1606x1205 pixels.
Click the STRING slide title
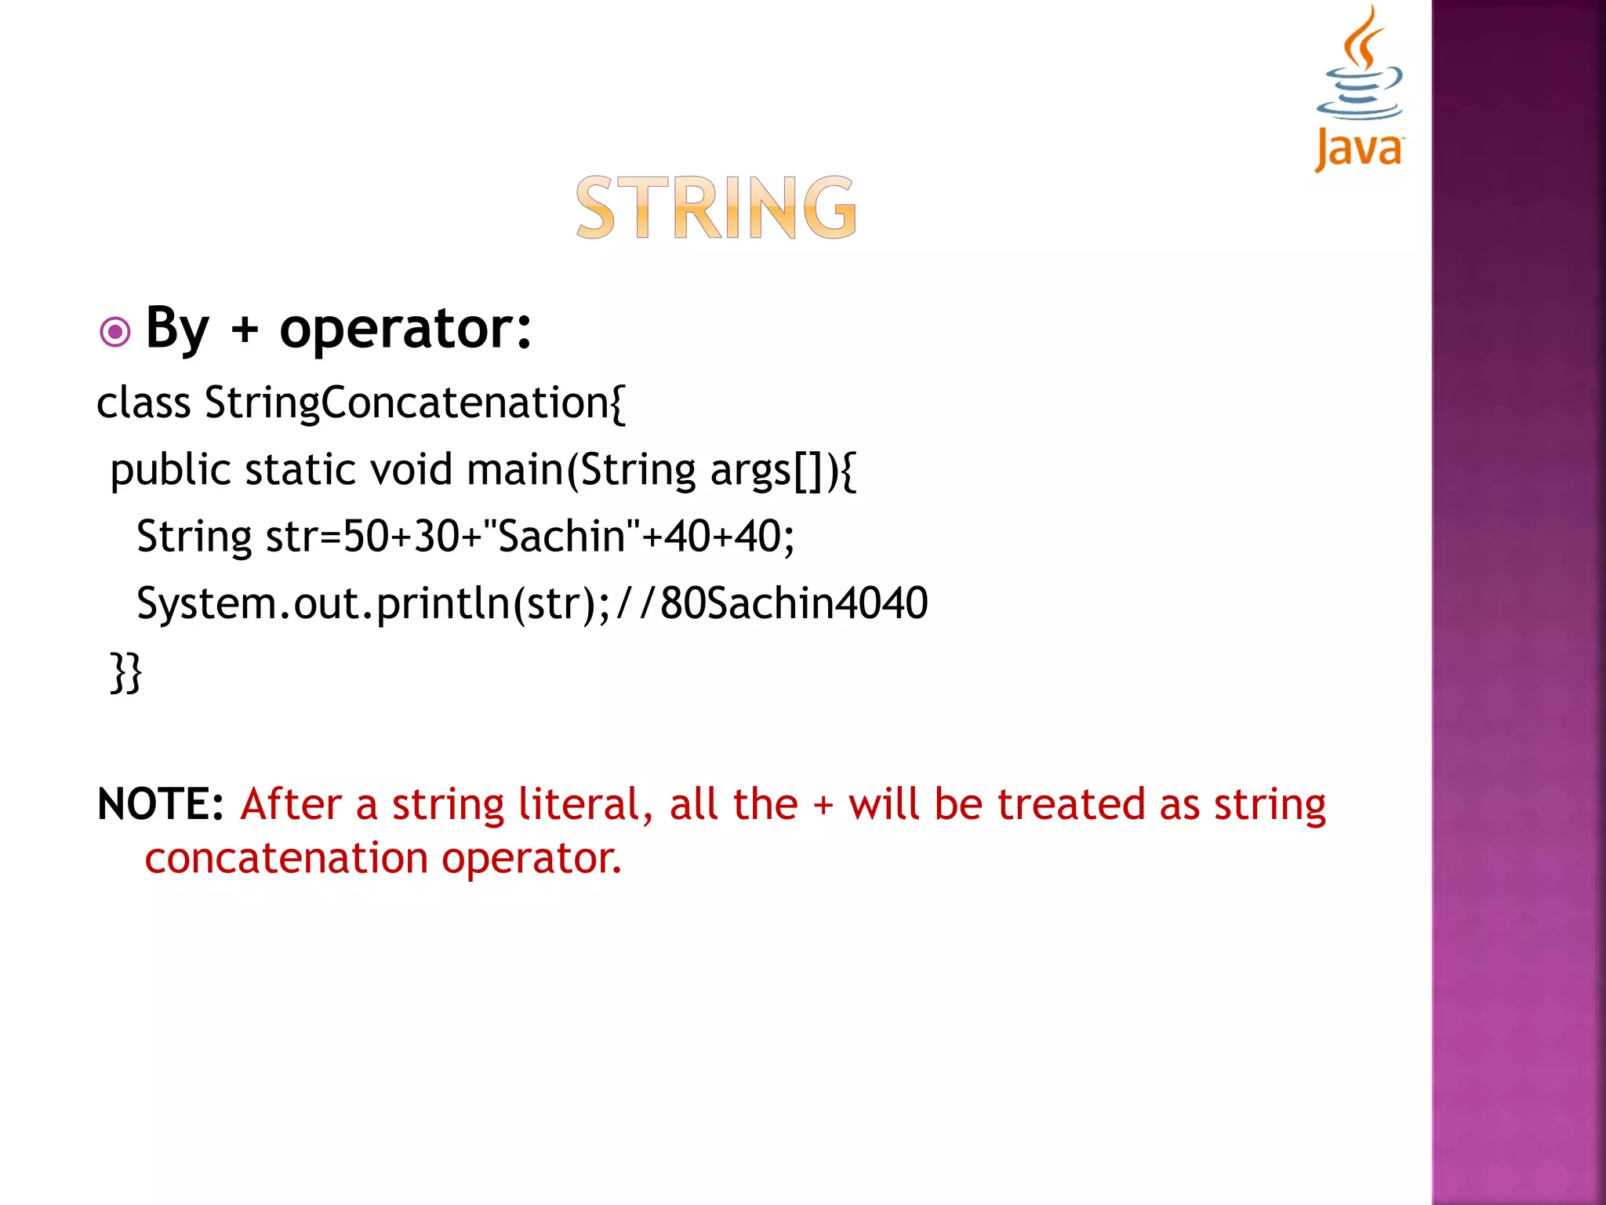pos(716,207)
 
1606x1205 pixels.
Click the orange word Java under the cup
pos(1359,149)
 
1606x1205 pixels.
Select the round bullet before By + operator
pos(115,332)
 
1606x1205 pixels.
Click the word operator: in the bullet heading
pos(405,329)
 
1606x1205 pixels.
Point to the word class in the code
pos(144,403)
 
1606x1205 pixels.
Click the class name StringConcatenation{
pos(415,403)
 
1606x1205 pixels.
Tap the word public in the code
pos(170,471)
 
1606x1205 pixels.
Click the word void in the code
pos(411,471)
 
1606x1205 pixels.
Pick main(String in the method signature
pos(581,471)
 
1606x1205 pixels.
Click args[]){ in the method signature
pos(783,471)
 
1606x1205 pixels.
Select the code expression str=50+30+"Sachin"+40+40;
pos(530,537)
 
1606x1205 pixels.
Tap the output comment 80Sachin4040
pos(794,604)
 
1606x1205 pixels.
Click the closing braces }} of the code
pos(126,672)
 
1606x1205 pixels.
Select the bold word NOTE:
pos(161,805)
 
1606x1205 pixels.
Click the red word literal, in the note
pos(585,805)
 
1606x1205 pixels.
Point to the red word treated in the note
pos(1071,805)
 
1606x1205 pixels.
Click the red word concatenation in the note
pos(286,858)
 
